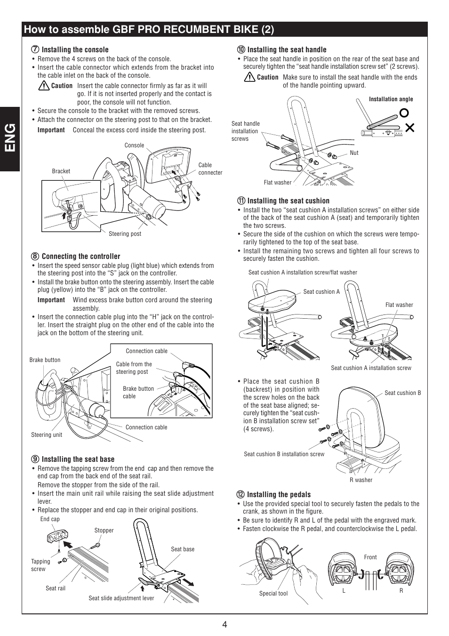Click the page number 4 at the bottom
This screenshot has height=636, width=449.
tap(224, 625)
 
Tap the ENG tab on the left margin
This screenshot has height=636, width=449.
tap(10, 138)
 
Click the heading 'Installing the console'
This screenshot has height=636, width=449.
tap(75, 49)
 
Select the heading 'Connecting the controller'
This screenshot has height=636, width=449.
tap(80, 256)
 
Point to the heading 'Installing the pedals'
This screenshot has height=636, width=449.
tap(279, 494)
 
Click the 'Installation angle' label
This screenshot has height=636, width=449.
tap(391, 99)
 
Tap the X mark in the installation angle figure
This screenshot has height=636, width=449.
tap(409, 127)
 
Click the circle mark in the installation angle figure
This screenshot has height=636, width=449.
tap(403, 113)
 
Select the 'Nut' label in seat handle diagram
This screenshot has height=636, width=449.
tap(354, 153)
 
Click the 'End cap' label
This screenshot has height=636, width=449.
tap(50, 519)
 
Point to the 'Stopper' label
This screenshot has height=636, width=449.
tap(104, 531)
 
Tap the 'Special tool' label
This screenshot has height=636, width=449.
tap(273, 593)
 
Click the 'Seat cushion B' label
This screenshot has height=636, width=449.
tap(402, 393)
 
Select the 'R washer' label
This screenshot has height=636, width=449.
tap(361, 480)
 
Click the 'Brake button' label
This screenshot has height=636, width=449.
tap(45, 360)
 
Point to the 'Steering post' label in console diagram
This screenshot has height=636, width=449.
tap(125, 234)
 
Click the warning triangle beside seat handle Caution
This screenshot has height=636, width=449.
tap(249, 77)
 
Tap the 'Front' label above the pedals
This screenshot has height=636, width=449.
tap(370, 557)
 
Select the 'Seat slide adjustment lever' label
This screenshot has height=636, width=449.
tap(121, 598)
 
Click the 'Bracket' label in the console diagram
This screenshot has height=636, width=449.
tap(61, 171)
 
